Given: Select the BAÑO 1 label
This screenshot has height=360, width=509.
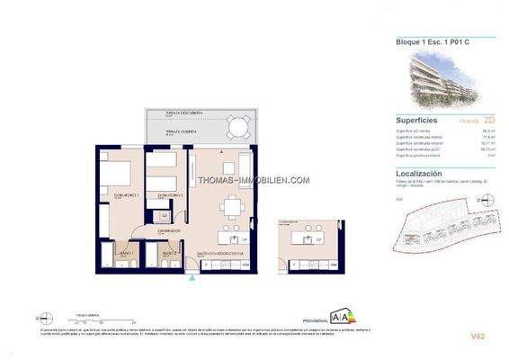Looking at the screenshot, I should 125,254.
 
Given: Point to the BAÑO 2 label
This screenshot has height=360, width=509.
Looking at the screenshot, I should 169,254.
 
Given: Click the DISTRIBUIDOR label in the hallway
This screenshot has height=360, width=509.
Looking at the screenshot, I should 170,230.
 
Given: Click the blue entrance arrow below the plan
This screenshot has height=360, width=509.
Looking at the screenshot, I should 192,278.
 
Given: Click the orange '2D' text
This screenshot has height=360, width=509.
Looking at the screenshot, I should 464,119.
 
